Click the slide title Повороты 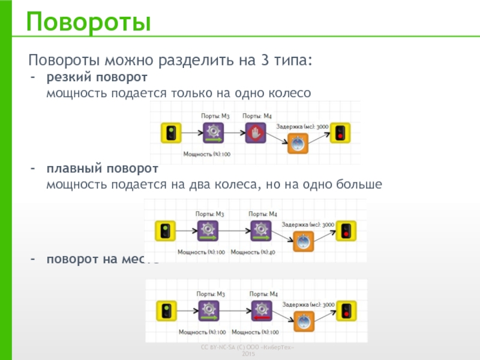pyautogui.click(x=88, y=22)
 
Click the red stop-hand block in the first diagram pyautogui.click(x=256, y=133)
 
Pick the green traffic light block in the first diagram pyautogui.click(x=170, y=133)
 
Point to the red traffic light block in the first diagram pyautogui.click(x=341, y=133)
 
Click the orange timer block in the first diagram pyautogui.click(x=298, y=145)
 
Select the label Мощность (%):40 pyautogui.click(x=253, y=252)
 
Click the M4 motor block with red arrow pyautogui.click(x=260, y=311)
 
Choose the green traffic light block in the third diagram pyautogui.click(x=166, y=311)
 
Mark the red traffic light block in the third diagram pyautogui.click(x=346, y=311)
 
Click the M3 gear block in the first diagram pyautogui.click(x=213, y=133)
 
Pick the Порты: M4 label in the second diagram pyautogui.click(x=263, y=214)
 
